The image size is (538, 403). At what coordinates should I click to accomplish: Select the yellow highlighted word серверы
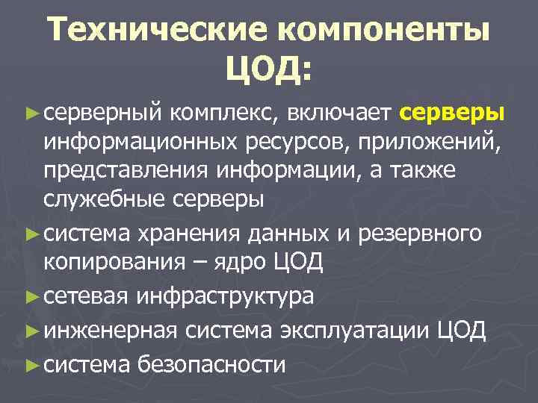coord(454,113)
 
